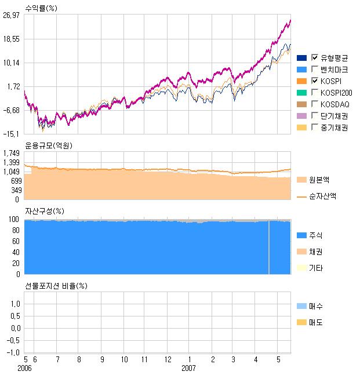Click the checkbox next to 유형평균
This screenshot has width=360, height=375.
point(315,57)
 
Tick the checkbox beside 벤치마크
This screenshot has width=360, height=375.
point(315,69)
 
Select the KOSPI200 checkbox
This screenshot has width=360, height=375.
point(315,92)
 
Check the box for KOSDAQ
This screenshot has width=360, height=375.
point(315,104)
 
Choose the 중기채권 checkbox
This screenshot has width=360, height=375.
point(315,128)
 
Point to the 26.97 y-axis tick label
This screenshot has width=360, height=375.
point(11,16)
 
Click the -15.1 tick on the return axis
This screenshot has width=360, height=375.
point(12,134)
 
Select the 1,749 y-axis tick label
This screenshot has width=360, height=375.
point(12,153)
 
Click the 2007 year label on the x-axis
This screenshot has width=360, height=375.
point(189,368)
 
